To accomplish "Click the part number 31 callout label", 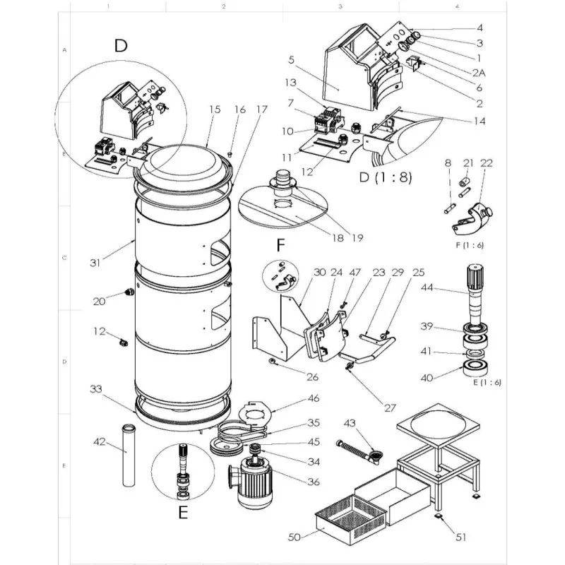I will click(95, 263).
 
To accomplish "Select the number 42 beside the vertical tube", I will click(100, 442).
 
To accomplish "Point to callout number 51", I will click(460, 537).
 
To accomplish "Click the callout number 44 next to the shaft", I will click(447, 287).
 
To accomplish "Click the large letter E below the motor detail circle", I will click(182, 513).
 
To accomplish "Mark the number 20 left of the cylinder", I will click(100, 302).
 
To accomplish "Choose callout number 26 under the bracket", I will click(314, 376).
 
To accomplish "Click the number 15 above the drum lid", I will click(215, 109).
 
